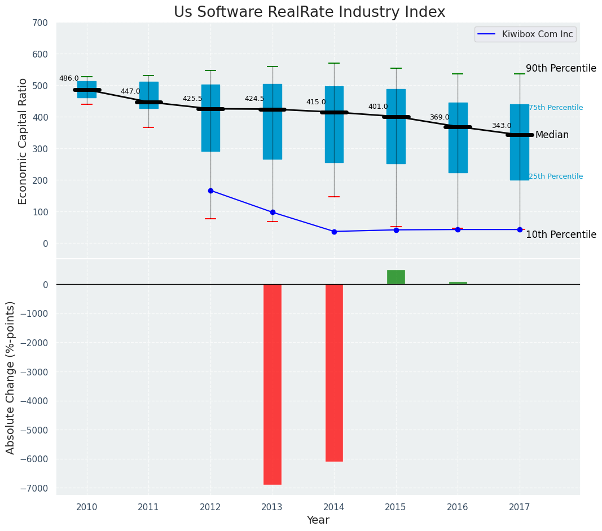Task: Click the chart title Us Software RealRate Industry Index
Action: (x=309, y=12)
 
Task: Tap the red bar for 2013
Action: (x=273, y=384)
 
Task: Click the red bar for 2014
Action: (x=334, y=373)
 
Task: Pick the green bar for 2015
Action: (x=396, y=277)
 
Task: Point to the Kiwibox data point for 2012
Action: (x=210, y=191)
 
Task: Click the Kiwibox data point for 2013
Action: (x=273, y=213)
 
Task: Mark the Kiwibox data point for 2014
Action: (x=334, y=232)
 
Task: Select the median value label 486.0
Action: (x=69, y=79)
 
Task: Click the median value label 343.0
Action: (x=502, y=126)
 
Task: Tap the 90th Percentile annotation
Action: (x=561, y=69)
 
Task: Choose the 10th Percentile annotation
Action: (x=561, y=234)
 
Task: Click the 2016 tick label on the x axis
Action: (x=458, y=507)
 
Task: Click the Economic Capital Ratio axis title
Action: (x=23, y=141)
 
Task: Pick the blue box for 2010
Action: (x=87, y=90)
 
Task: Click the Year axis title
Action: (x=318, y=520)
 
